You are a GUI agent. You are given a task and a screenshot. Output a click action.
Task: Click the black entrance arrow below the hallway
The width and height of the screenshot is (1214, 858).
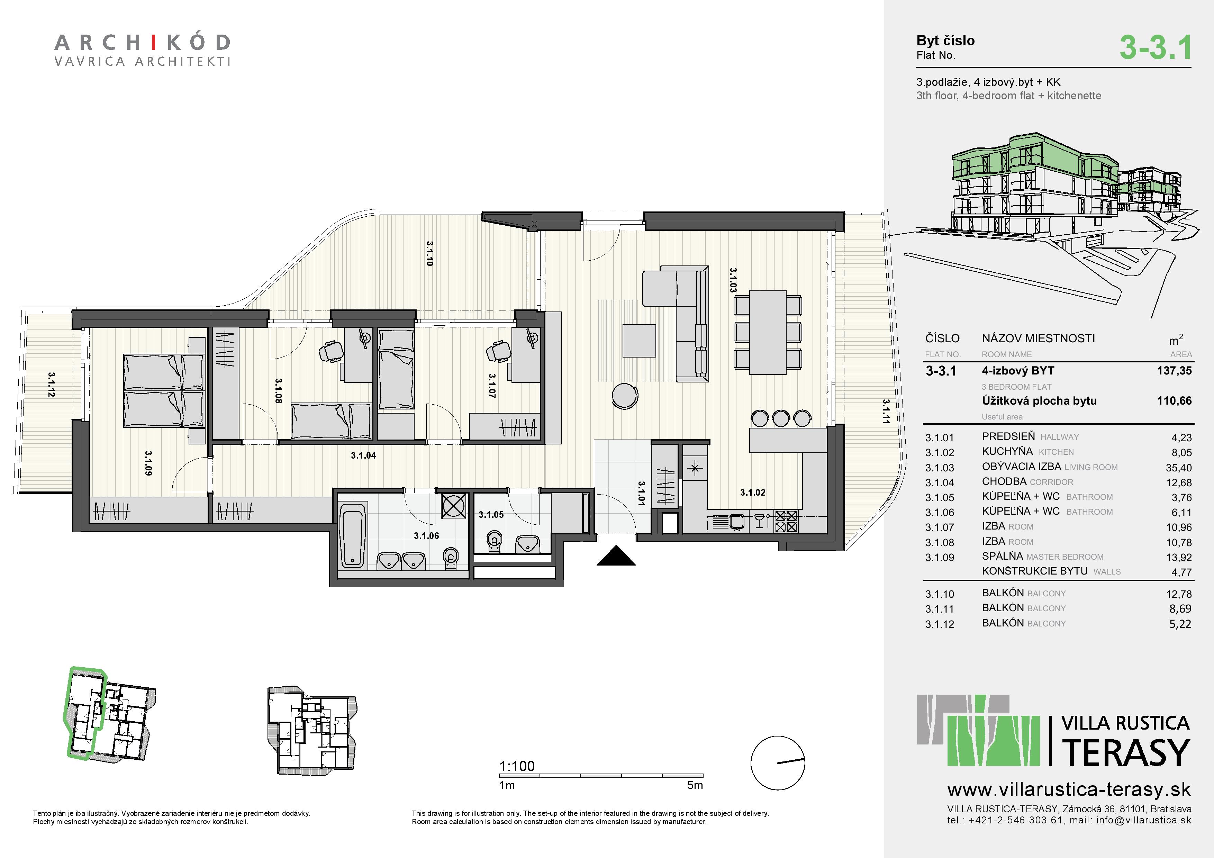[616, 556]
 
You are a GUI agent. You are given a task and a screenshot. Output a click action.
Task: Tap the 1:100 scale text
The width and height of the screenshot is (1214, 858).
[517, 766]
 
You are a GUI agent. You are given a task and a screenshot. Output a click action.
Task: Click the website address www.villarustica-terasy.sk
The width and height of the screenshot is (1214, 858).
[1069, 790]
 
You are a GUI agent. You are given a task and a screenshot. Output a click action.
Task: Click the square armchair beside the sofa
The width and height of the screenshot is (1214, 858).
[639, 341]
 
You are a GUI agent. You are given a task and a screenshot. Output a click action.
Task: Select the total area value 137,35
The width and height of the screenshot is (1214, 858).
[1174, 371]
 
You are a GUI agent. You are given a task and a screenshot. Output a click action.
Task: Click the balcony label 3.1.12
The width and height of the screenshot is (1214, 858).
[51, 384]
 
